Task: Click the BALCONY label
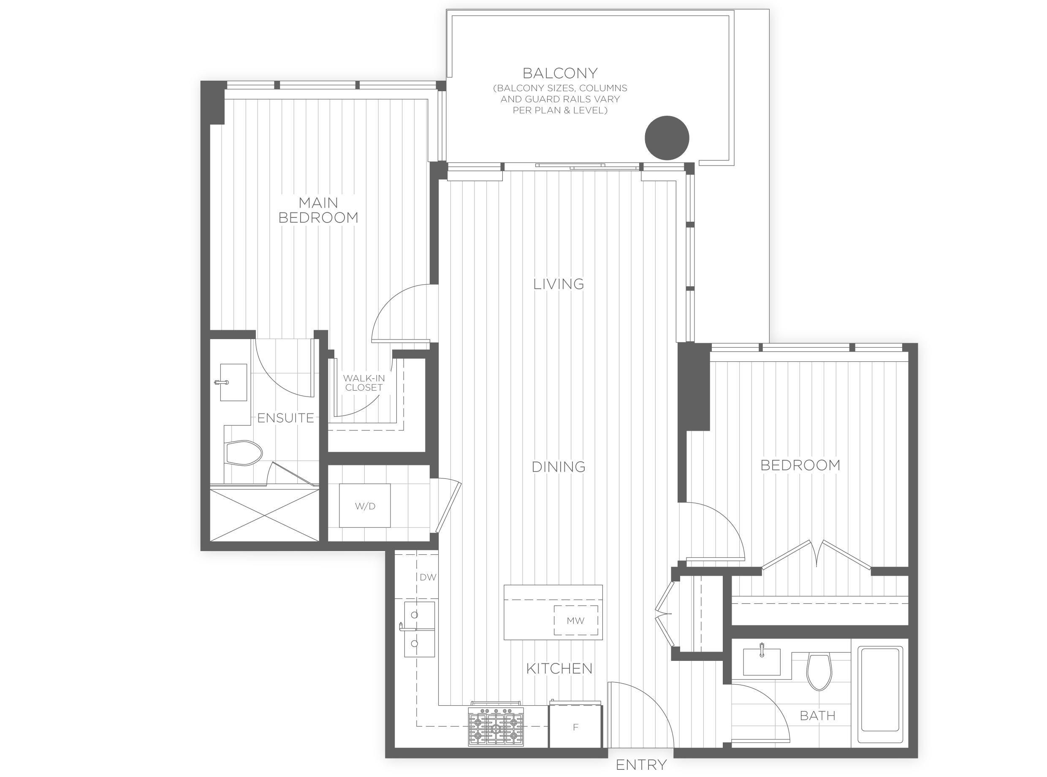tap(559, 73)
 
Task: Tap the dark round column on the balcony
tap(667, 138)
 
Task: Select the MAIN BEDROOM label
tap(318, 210)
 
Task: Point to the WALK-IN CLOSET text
tap(363, 383)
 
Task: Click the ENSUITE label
tap(285, 418)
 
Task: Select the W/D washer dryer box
tap(365, 505)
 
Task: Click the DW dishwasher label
tap(428, 577)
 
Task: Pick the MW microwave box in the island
tap(575, 620)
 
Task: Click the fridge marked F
tap(575, 727)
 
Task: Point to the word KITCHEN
tap(559, 668)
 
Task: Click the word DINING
tap(558, 467)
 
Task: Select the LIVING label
tap(559, 284)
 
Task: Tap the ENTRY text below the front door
tap(641, 765)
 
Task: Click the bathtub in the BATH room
tap(880, 696)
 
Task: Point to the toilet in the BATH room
tap(819, 672)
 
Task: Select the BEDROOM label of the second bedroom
tap(800, 465)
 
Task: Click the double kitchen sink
tap(419, 629)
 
